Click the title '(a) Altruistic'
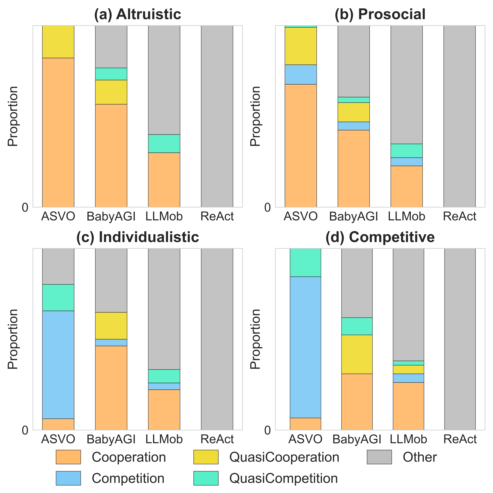(x=138, y=14)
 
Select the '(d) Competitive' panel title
(x=380, y=237)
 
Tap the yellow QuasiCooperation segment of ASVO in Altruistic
(x=58, y=42)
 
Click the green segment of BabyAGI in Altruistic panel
(x=111, y=74)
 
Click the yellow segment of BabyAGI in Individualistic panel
(x=111, y=326)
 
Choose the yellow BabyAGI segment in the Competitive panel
(x=357, y=354)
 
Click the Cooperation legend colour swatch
(x=68, y=457)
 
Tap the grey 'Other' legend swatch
(x=379, y=457)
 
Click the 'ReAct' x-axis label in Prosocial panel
(x=460, y=216)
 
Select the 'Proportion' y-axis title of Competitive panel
(x=255, y=339)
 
